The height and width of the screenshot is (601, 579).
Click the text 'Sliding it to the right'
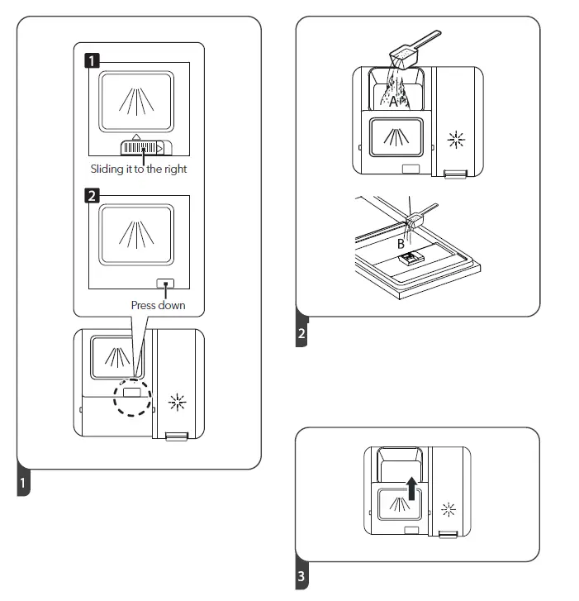pos(139,169)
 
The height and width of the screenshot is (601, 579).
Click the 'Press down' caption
pos(158,305)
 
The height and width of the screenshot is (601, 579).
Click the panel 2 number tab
pos(301,333)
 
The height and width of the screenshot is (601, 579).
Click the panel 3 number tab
pos(301,576)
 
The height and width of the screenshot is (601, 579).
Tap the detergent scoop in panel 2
pos(414,51)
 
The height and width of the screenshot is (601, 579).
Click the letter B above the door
pos(401,243)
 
